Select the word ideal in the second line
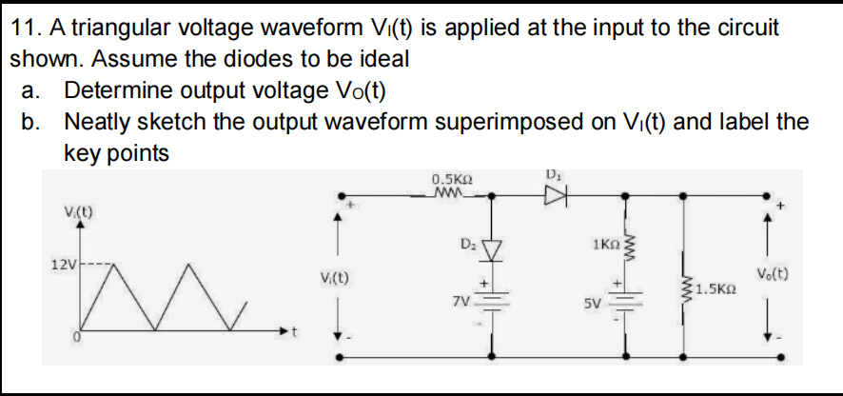383,58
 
